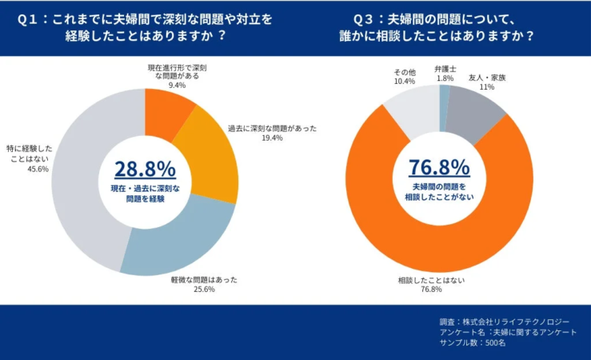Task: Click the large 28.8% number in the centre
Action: click(x=145, y=169)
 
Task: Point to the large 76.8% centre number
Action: click(x=439, y=167)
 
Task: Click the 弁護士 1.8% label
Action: click(x=445, y=74)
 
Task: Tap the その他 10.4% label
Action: click(x=404, y=77)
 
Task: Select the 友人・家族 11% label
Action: click(x=486, y=82)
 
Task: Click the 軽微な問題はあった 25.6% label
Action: click(x=203, y=284)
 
